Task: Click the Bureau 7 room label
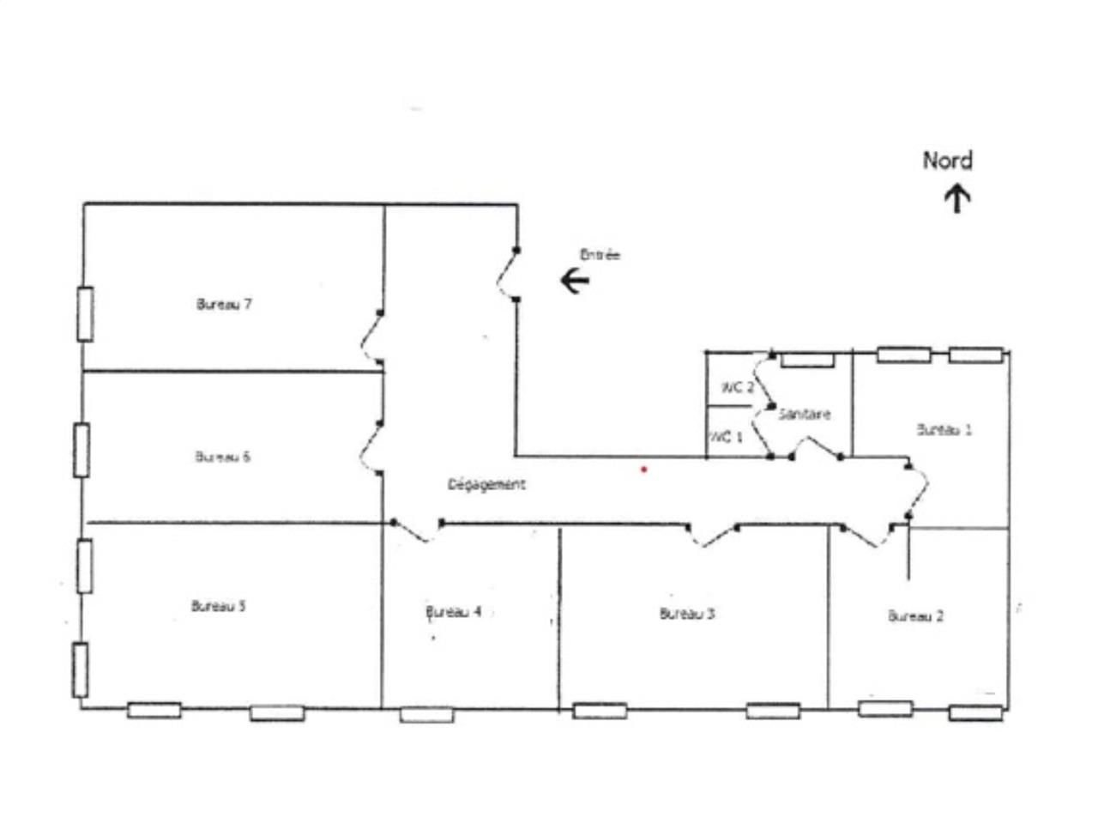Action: click(x=224, y=304)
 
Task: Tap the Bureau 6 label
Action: click(x=222, y=456)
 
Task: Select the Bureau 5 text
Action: click(x=218, y=606)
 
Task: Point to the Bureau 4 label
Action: click(x=454, y=612)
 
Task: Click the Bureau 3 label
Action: click(x=687, y=613)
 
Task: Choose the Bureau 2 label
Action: click(x=915, y=615)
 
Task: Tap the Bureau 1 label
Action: click(x=944, y=429)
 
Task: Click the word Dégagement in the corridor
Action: click(x=486, y=484)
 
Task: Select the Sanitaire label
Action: click(x=805, y=414)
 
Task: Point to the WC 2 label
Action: click(x=737, y=387)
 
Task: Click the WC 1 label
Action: click(x=726, y=438)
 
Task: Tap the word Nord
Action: click(x=947, y=161)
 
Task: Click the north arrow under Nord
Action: click(x=957, y=199)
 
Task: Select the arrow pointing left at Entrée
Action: click(x=575, y=280)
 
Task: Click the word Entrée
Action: click(x=600, y=255)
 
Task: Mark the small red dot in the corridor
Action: click(x=643, y=470)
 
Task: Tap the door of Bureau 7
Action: click(x=372, y=338)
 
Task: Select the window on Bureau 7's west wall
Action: click(x=85, y=314)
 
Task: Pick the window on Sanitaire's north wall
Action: click(x=807, y=360)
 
